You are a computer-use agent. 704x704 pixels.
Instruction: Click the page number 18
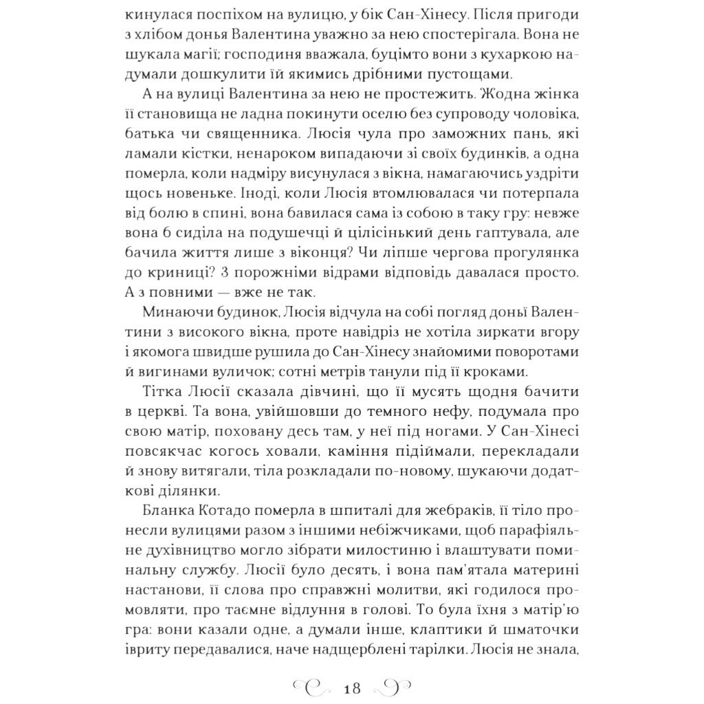tap(351, 688)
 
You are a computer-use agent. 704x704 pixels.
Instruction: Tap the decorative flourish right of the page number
tap(393, 688)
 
